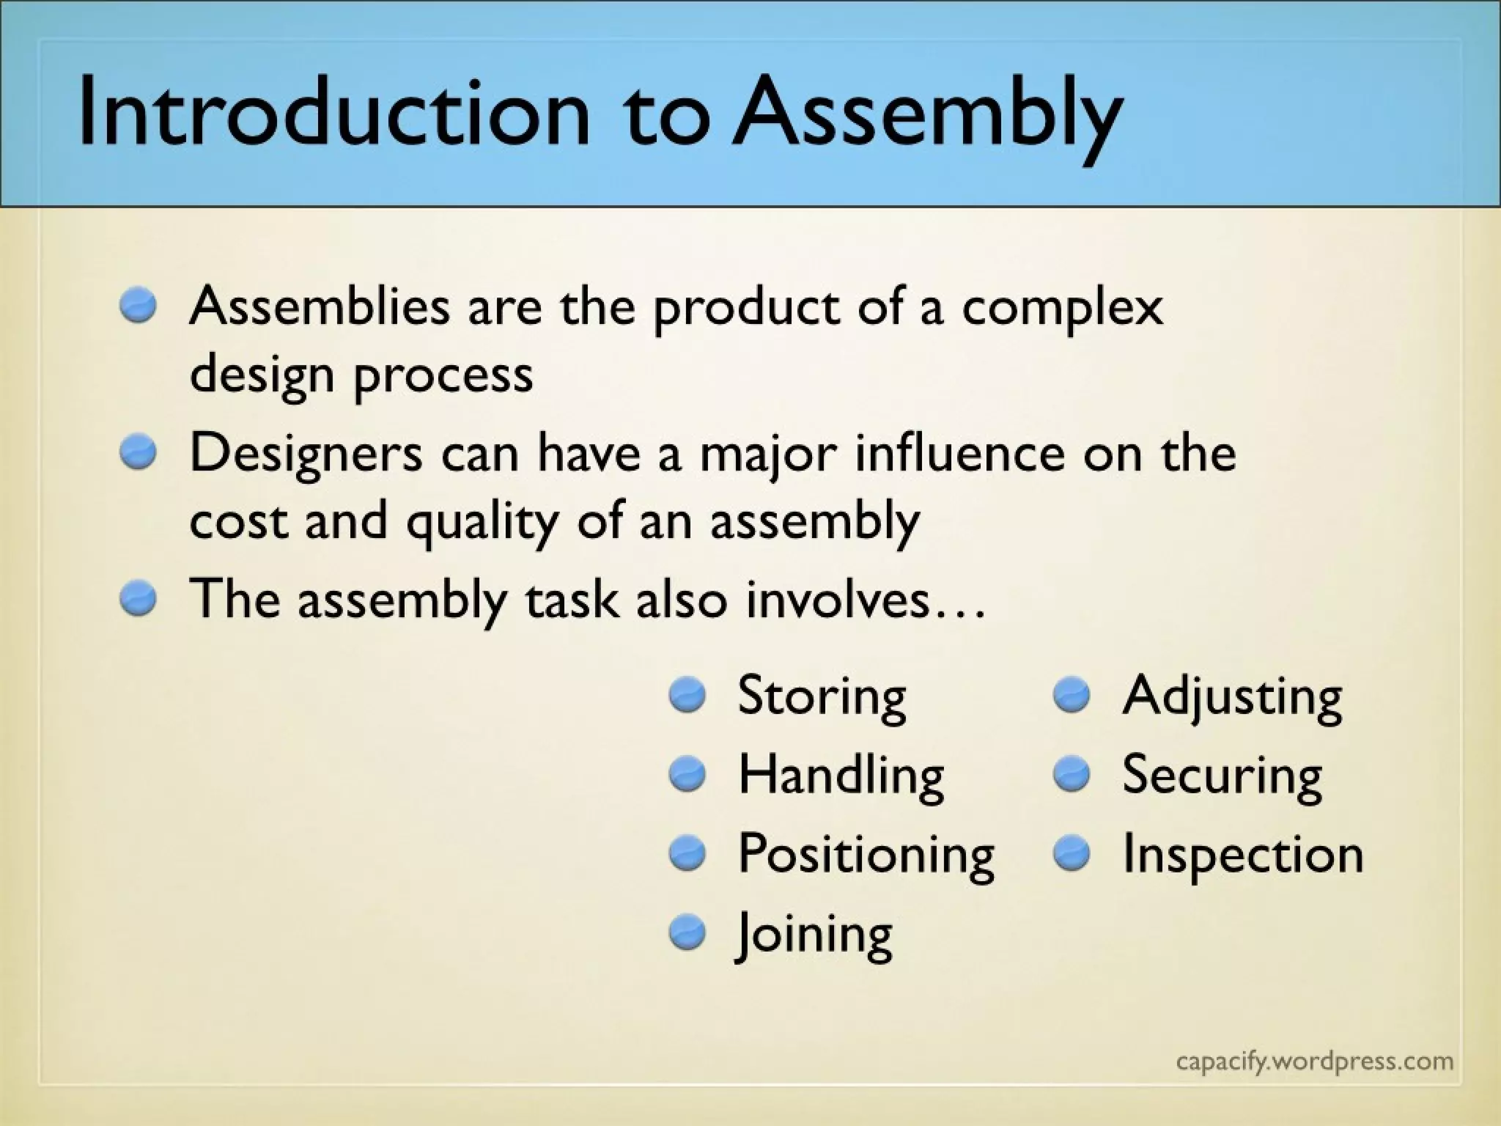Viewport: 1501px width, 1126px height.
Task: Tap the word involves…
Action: point(865,600)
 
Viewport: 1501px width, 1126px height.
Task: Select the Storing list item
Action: point(822,696)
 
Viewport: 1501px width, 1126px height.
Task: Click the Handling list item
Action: point(841,776)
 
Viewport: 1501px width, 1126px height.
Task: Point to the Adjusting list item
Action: point(1232,696)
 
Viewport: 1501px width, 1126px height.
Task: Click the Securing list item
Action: point(1222,776)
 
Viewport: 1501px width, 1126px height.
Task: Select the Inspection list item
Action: point(1242,855)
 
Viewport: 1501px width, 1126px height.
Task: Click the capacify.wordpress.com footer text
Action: point(1314,1061)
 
